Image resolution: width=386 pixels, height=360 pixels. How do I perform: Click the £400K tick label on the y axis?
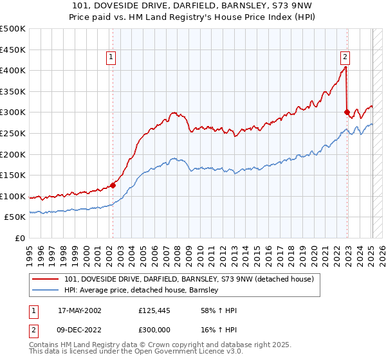coord(13,71)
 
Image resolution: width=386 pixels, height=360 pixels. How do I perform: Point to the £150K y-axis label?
coord(13,175)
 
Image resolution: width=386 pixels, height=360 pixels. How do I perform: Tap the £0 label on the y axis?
coord(19,238)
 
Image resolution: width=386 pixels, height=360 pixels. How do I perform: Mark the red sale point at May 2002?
coord(113,185)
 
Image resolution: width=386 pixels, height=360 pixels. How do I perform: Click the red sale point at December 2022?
coord(347,112)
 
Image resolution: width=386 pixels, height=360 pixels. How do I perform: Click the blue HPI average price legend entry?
coord(142,291)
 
